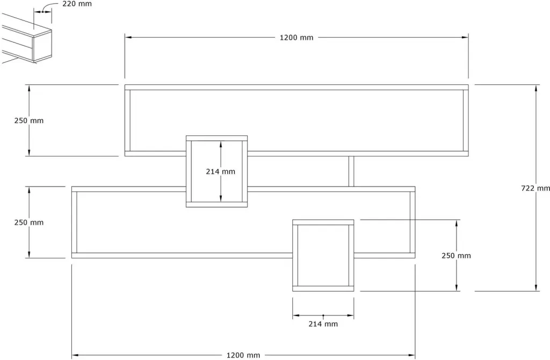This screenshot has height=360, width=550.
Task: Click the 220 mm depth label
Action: pyautogui.click(x=77, y=4)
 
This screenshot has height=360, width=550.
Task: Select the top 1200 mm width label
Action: pyautogui.click(x=296, y=38)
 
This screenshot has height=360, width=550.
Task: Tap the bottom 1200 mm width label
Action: pyautogui.click(x=243, y=356)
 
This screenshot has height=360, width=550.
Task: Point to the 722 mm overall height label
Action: pyautogui.click(x=535, y=188)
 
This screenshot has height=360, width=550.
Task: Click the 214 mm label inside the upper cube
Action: pyautogui.click(x=220, y=171)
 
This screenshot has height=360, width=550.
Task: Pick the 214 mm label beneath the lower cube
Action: pyautogui.click(x=323, y=324)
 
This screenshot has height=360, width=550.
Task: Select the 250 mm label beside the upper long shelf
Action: pyautogui.click(x=29, y=121)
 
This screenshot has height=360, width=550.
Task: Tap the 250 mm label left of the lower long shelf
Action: pyautogui.click(x=29, y=222)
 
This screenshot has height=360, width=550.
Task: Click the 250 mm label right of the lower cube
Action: pyautogui.click(x=456, y=256)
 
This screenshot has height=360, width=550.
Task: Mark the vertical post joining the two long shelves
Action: pyautogui.click(x=351, y=171)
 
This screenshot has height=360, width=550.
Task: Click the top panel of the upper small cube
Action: pyautogui.click(x=217, y=138)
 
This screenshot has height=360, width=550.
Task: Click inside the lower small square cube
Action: pyautogui.click(x=323, y=255)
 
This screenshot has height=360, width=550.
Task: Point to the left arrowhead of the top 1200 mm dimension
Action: pyautogui.click(x=128, y=37)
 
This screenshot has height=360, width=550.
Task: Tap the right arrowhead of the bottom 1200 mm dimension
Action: pyautogui.click(x=412, y=355)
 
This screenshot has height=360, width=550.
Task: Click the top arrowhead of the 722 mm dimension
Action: pyautogui.click(x=535, y=88)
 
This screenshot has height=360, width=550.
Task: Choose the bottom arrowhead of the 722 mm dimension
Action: pyautogui.click(x=535, y=287)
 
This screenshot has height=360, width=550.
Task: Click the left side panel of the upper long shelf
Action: pyautogui.click(x=128, y=120)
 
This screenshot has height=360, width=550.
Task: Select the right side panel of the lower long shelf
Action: pyautogui.click(x=412, y=222)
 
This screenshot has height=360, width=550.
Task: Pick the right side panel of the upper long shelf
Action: pyautogui.click(x=466, y=120)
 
